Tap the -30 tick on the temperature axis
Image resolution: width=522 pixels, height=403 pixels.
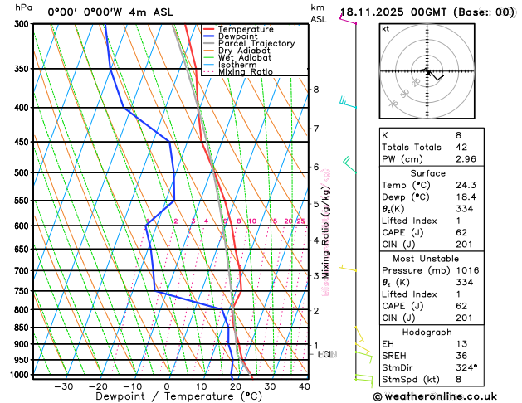[x=64, y=386]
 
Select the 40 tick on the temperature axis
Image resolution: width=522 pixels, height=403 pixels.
[x=305, y=386]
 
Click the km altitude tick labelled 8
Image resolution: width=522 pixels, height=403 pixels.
[x=315, y=90]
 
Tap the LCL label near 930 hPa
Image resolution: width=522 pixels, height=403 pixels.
[x=325, y=354]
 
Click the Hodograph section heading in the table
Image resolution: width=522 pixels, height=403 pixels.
[x=427, y=332]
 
